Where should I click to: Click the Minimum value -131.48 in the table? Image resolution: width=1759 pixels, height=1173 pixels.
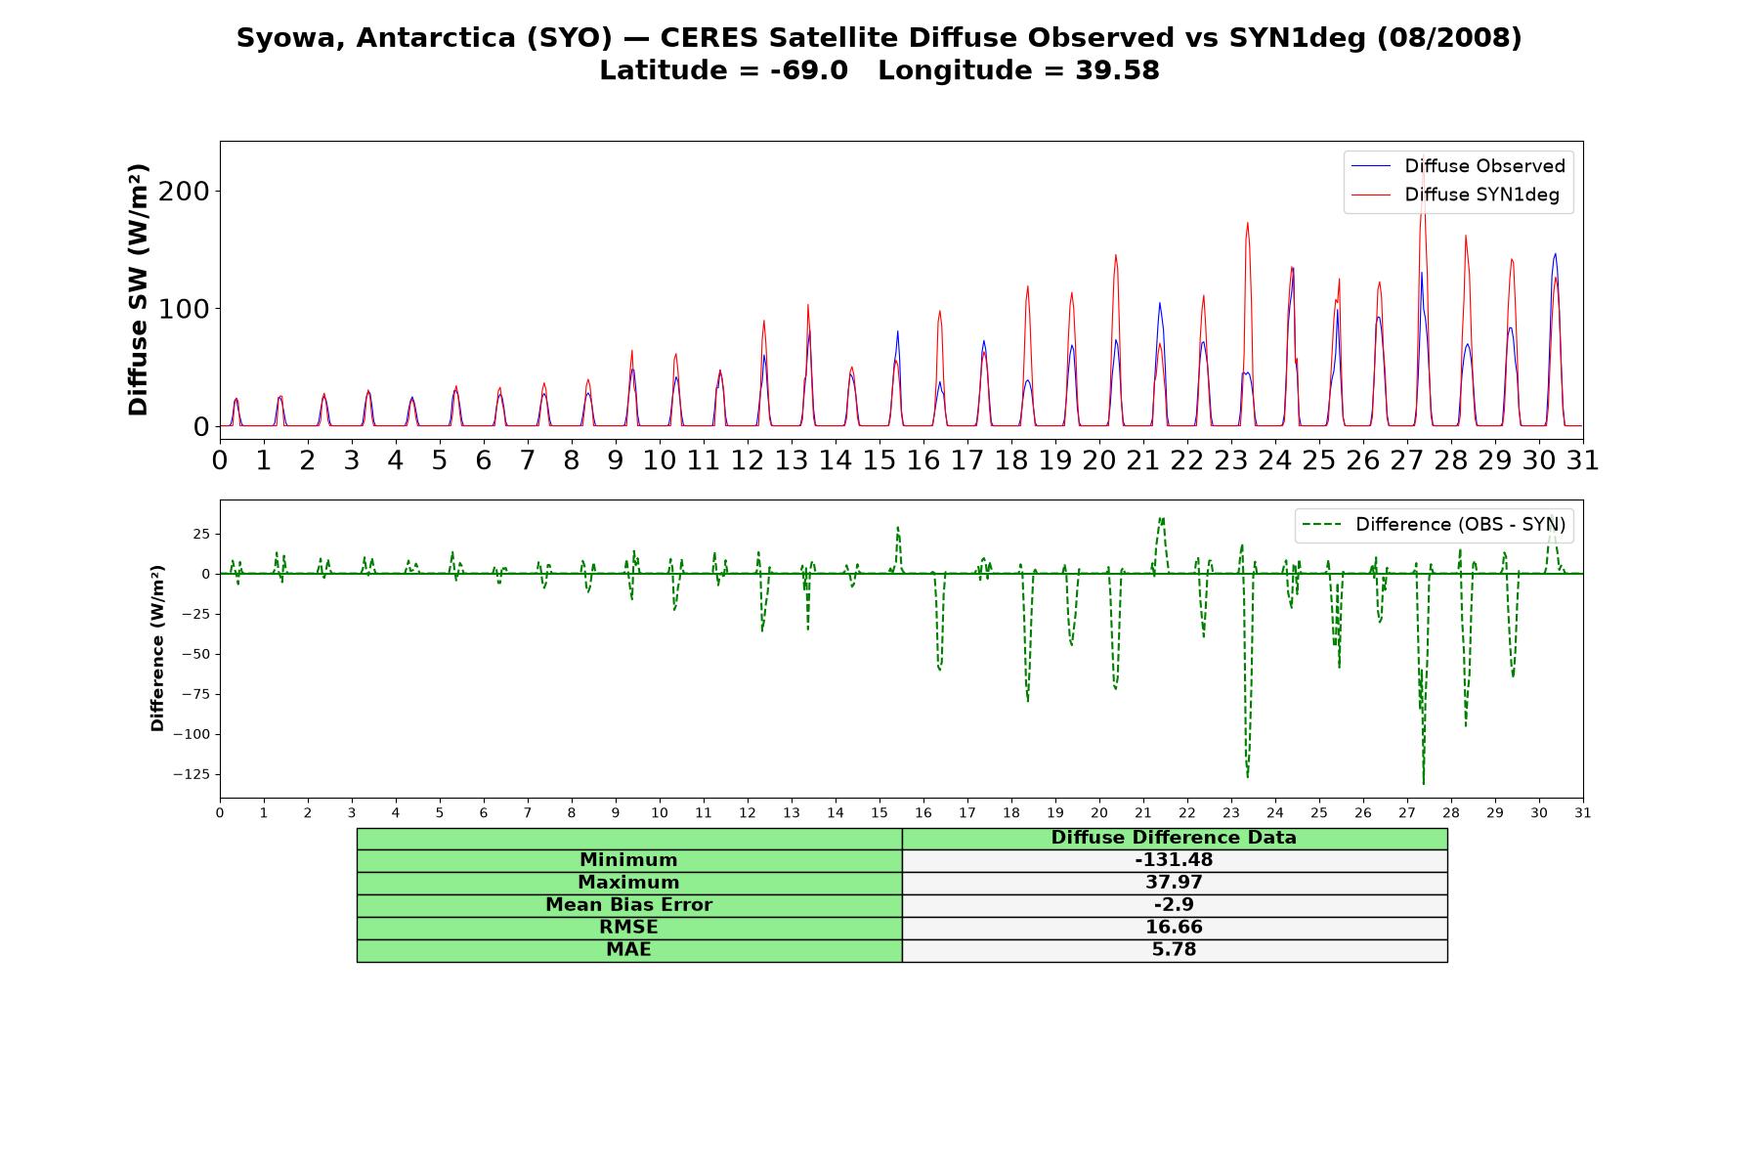click(x=1174, y=860)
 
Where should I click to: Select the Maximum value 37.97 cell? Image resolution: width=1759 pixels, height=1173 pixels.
click(x=1174, y=883)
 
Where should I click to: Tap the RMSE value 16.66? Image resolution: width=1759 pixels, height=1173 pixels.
click(x=1174, y=928)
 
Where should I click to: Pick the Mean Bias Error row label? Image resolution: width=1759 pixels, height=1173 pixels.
click(x=628, y=905)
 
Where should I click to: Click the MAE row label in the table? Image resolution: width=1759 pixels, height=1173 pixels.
click(x=628, y=950)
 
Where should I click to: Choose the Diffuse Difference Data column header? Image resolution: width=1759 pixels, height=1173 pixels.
click(x=1174, y=838)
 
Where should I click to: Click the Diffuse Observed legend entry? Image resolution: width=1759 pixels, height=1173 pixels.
click(x=1458, y=166)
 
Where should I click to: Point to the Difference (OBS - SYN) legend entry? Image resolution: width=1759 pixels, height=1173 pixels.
click(x=1435, y=525)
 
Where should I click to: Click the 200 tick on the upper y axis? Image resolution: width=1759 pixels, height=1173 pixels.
click(x=184, y=191)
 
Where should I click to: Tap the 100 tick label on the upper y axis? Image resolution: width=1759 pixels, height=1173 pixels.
click(x=184, y=309)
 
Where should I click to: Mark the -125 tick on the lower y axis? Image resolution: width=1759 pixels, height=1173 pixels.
click(x=192, y=774)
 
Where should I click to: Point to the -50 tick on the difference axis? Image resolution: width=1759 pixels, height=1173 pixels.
click(x=195, y=654)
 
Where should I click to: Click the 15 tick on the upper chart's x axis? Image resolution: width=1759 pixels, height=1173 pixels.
click(x=879, y=460)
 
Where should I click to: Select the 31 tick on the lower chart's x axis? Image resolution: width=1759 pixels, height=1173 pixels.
click(x=1583, y=812)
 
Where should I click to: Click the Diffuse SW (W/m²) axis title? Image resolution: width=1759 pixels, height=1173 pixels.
click(x=139, y=290)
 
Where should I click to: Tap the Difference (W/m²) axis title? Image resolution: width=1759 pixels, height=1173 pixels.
click(x=157, y=648)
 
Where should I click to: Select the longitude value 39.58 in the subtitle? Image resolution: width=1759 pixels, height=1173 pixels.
click(x=1118, y=70)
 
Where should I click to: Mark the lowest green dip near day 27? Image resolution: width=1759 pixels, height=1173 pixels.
click(x=1423, y=783)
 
